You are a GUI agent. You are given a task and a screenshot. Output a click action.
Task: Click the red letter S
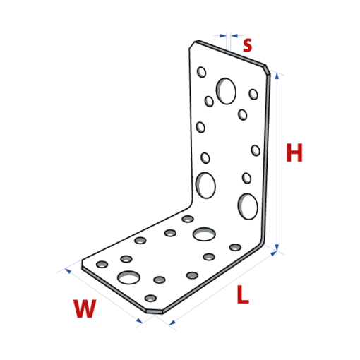pos(248,45)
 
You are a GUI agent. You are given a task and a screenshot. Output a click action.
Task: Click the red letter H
pos(294,152)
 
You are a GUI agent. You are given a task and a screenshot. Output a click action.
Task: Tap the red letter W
pos(85,308)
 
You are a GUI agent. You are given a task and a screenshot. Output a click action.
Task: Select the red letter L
pos(243,294)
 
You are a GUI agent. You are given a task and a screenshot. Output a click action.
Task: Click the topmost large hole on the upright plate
pos(226,91)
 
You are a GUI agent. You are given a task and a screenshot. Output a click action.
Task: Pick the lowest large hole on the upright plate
pos(248,207)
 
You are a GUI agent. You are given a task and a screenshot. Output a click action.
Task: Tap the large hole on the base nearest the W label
pos(128,277)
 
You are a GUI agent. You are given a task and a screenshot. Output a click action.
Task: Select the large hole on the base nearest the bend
pos(204,234)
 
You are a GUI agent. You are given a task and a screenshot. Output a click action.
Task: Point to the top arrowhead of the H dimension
pos(277,76)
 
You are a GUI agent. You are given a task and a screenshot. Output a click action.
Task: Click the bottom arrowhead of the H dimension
pos(277,248)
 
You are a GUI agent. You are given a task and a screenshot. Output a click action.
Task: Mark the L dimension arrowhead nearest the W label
pos(172,323)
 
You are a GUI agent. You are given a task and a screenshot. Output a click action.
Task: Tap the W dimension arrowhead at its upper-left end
pos(68,271)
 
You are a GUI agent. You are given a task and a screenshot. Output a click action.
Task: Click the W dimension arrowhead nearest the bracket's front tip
pos(139,320)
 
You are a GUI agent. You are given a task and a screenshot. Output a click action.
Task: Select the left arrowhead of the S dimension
pos(223,36)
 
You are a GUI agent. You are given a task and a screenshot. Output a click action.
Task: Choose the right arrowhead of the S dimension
pos(234,36)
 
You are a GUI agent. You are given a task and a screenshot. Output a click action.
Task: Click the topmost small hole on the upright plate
pos(201,72)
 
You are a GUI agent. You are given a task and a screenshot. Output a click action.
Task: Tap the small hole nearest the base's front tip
pos(150,299)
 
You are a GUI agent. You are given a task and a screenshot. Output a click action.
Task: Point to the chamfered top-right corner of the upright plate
pos(268,70)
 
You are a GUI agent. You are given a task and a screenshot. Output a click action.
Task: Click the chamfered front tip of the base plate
pos(154,311)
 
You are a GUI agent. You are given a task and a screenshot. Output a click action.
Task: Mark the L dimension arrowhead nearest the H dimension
pos(274,253)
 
